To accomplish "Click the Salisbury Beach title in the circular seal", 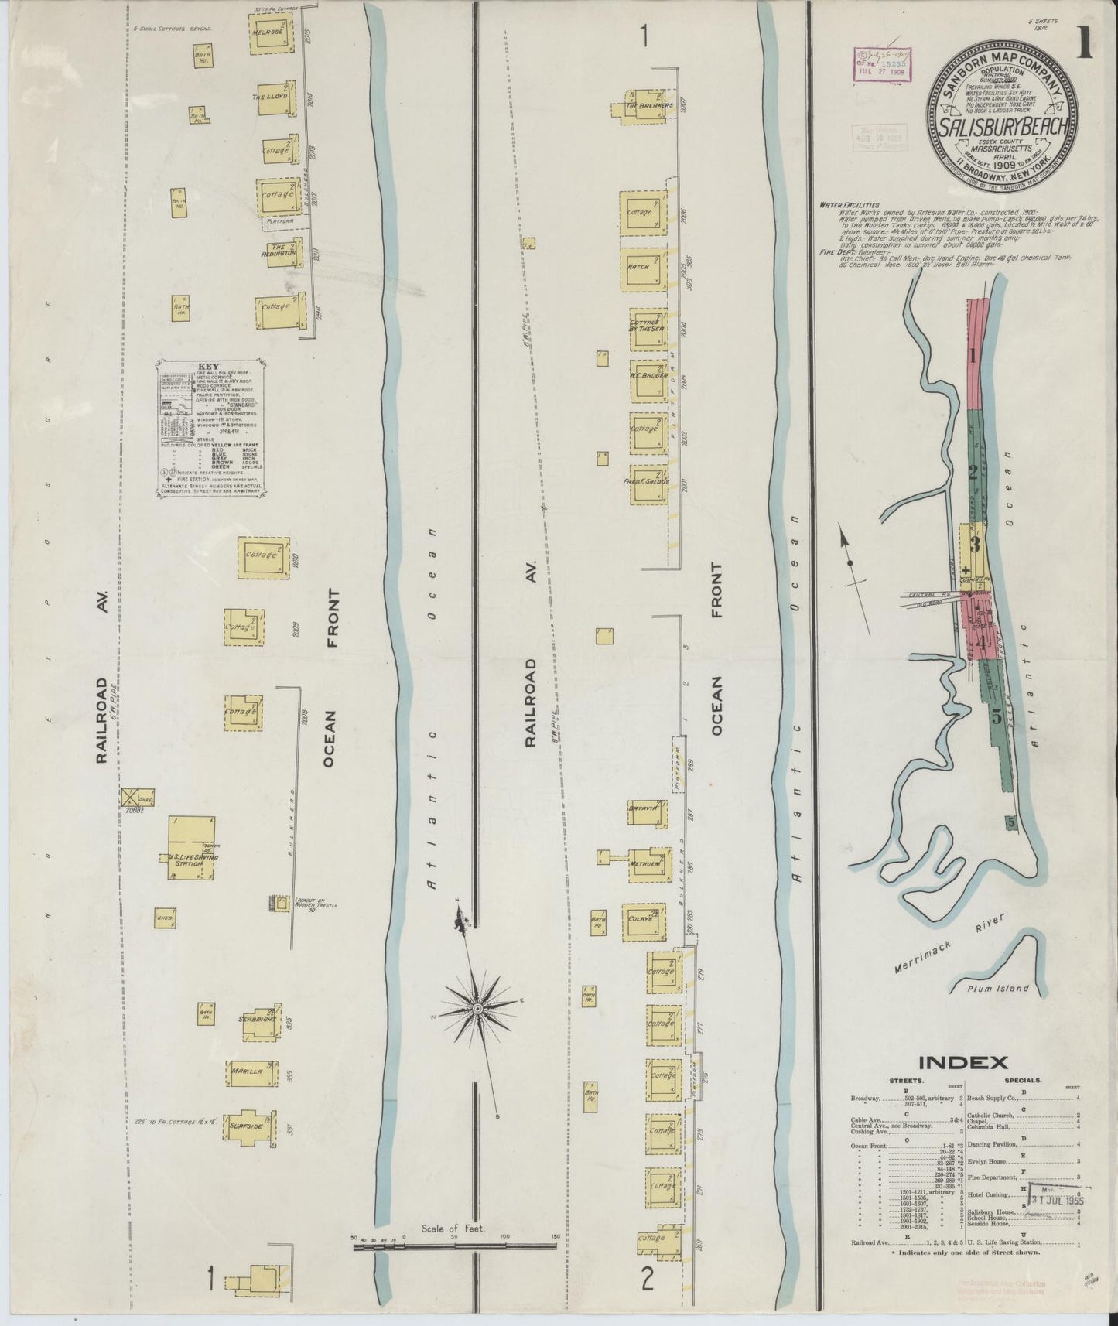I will (1003, 126).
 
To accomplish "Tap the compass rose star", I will (477, 1009).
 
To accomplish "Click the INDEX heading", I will (961, 1062).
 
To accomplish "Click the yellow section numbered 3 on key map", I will (975, 546).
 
